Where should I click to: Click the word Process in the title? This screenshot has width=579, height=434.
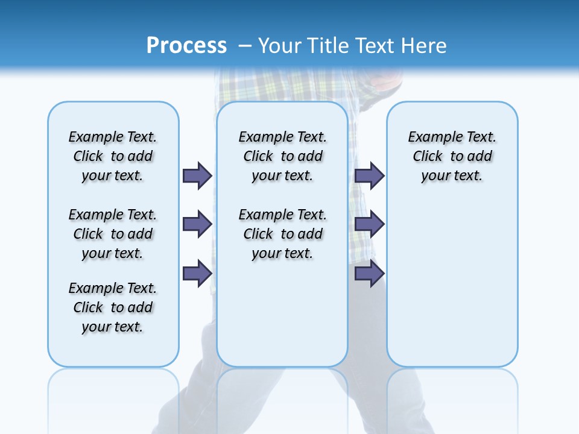point(186,46)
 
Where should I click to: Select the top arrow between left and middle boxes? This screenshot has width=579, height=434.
point(197,175)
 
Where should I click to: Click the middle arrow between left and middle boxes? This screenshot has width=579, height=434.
point(197,224)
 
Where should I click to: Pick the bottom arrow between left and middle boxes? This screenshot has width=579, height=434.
point(197,273)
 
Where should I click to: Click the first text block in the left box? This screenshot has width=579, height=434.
point(113,156)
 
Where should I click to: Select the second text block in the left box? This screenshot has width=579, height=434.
point(113,234)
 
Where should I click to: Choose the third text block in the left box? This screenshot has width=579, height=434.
point(113,307)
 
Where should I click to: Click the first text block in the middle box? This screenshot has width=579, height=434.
point(282,156)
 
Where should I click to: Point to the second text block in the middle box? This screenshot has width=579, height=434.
point(282,234)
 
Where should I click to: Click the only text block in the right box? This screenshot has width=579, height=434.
point(452,156)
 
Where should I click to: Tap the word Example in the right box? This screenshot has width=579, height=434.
point(432,137)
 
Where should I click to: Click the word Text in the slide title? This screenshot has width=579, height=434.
point(375,46)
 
